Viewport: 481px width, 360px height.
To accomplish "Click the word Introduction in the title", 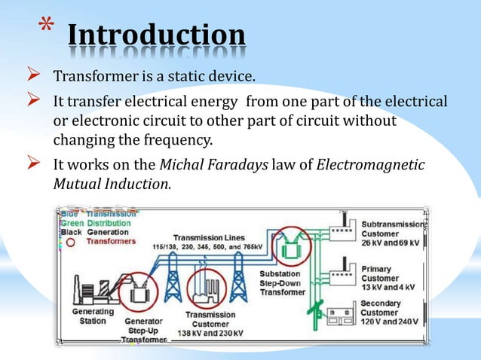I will pyautogui.click(x=156, y=36).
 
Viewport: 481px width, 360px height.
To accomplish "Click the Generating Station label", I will pyautogui.click(x=93, y=316).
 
